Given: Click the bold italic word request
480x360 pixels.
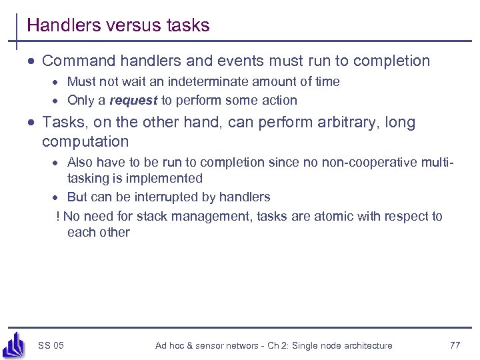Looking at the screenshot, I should pyautogui.click(x=133, y=101).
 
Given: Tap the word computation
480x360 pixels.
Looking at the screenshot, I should pyautogui.click(x=85, y=141).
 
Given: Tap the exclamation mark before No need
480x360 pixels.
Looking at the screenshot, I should pyautogui.click(x=59, y=216).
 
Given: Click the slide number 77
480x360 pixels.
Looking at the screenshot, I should pyautogui.click(x=455, y=345).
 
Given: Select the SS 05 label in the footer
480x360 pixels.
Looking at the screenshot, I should pyautogui.click(x=51, y=345).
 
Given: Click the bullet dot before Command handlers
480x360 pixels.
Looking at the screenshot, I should pyautogui.click(x=32, y=62).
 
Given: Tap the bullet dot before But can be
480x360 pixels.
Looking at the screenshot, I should pyautogui.click(x=58, y=198).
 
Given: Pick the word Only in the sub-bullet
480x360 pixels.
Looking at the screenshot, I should pyautogui.click(x=80, y=101).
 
